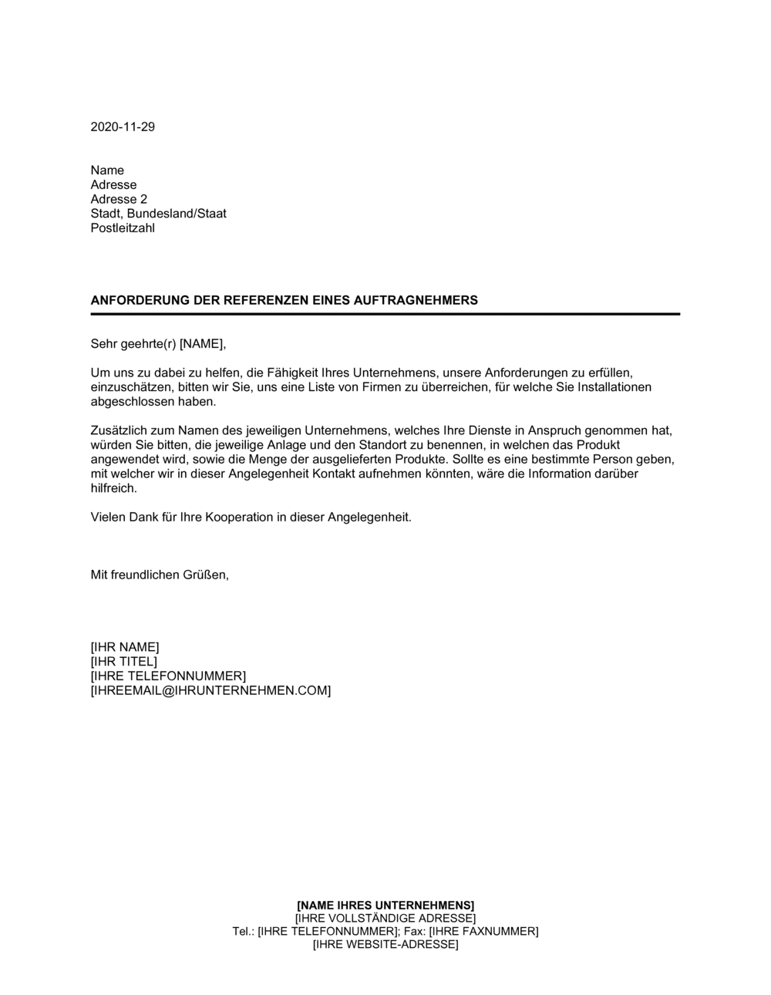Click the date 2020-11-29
point(123,126)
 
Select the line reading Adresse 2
point(119,199)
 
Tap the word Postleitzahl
point(123,228)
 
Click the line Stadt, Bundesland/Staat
point(158,214)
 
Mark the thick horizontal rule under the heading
point(385,314)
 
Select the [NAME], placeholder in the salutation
point(204,343)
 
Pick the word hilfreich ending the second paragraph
point(113,487)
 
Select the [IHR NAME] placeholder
point(125,646)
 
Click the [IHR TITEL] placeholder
point(124,661)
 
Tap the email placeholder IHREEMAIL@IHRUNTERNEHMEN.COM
point(210,690)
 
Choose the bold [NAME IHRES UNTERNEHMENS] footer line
point(385,904)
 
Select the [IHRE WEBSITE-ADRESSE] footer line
point(385,944)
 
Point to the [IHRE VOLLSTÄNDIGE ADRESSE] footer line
point(385,918)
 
